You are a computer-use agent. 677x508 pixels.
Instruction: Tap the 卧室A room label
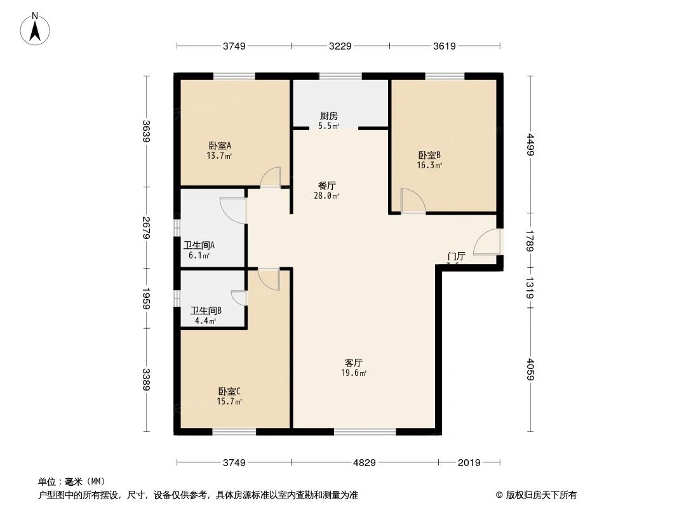click(x=219, y=145)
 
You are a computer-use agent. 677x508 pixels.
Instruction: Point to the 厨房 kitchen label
click(x=328, y=116)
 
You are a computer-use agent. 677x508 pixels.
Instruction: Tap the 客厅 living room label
click(x=354, y=363)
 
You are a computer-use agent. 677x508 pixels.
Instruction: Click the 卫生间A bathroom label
click(x=199, y=245)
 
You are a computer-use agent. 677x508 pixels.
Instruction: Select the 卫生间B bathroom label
click(x=206, y=311)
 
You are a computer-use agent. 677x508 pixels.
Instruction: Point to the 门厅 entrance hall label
click(x=456, y=257)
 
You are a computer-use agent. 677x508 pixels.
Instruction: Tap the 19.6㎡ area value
click(x=354, y=373)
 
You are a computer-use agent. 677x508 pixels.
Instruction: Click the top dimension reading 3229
click(x=340, y=46)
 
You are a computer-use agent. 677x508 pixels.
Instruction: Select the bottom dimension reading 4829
click(x=364, y=462)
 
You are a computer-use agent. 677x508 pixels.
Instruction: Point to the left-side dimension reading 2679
click(x=146, y=227)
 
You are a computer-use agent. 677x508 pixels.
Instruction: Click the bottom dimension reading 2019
click(x=469, y=462)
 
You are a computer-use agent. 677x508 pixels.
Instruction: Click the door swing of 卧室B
click(x=413, y=201)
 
